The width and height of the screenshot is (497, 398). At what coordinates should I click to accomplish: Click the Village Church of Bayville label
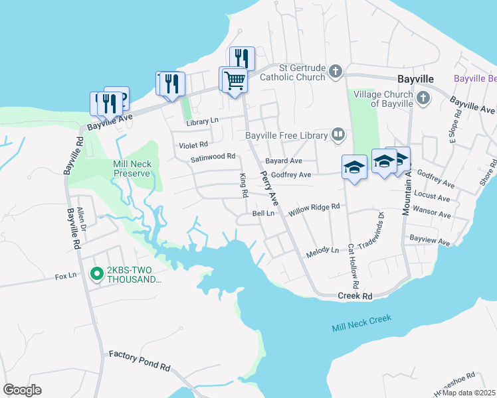pos(383,99)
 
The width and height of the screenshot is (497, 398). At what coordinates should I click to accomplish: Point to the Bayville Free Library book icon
pos(339,135)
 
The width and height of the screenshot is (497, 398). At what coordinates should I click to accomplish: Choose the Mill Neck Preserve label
pos(133,168)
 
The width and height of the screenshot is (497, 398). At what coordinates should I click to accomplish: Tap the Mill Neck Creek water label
pos(361,323)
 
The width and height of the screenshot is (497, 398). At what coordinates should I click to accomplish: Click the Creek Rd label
pos(355,296)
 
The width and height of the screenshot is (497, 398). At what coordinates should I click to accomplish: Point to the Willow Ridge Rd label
pos(314,207)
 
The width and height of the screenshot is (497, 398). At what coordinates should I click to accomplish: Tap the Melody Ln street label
pos(322,253)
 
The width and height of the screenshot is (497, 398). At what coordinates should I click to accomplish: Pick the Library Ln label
pos(202,121)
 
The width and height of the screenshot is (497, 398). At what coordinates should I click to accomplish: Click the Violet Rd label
pos(193,144)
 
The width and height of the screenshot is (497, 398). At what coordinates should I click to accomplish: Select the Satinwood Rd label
pos(213,157)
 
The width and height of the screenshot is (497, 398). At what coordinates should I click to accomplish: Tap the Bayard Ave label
pos(284,161)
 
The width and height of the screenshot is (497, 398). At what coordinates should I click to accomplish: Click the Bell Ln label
pos(263,214)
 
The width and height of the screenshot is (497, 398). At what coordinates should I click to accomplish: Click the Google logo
pos(22,389)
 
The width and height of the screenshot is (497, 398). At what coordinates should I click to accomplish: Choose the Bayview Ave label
pos(430,237)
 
